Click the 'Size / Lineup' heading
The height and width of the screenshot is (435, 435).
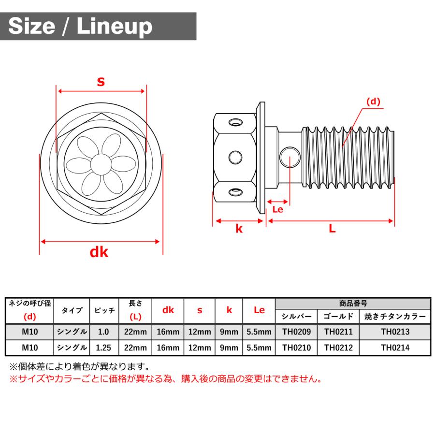click(80, 26)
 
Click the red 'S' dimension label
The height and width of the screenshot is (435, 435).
click(101, 82)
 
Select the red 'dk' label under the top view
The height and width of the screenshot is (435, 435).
click(99, 252)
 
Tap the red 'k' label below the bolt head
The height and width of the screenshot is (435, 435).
click(239, 229)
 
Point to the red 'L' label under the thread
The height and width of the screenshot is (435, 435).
click(332, 229)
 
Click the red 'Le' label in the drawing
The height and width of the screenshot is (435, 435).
click(277, 209)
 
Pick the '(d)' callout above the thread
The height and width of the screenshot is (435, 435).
click(373, 102)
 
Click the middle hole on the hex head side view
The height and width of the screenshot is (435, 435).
click(236, 157)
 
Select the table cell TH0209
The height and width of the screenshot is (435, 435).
click(296, 332)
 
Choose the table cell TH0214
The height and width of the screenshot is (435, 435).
click(395, 348)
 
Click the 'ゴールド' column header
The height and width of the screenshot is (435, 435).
click(338, 317)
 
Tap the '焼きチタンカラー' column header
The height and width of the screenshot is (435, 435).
click(395, 317)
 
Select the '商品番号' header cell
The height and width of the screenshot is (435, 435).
click(353, 304)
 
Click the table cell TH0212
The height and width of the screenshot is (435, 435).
click(338, 348)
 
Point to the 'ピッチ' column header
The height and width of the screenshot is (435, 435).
click(104, 310)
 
